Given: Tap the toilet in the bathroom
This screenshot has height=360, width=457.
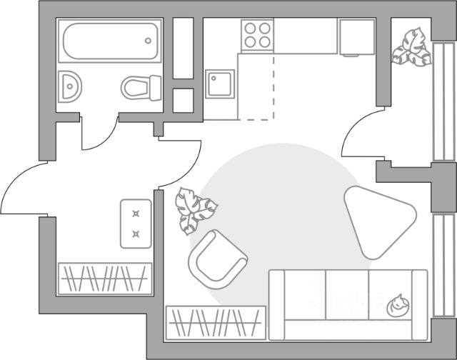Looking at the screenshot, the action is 141,88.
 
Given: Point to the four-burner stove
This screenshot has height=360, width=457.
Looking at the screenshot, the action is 257,35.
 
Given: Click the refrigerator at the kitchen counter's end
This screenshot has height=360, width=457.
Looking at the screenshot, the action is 357,37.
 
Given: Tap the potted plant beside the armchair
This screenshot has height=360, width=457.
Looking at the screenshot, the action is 194,209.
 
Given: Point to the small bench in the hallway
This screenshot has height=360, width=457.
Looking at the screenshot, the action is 136,223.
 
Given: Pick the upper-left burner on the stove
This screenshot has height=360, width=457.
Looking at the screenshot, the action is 251,29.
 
